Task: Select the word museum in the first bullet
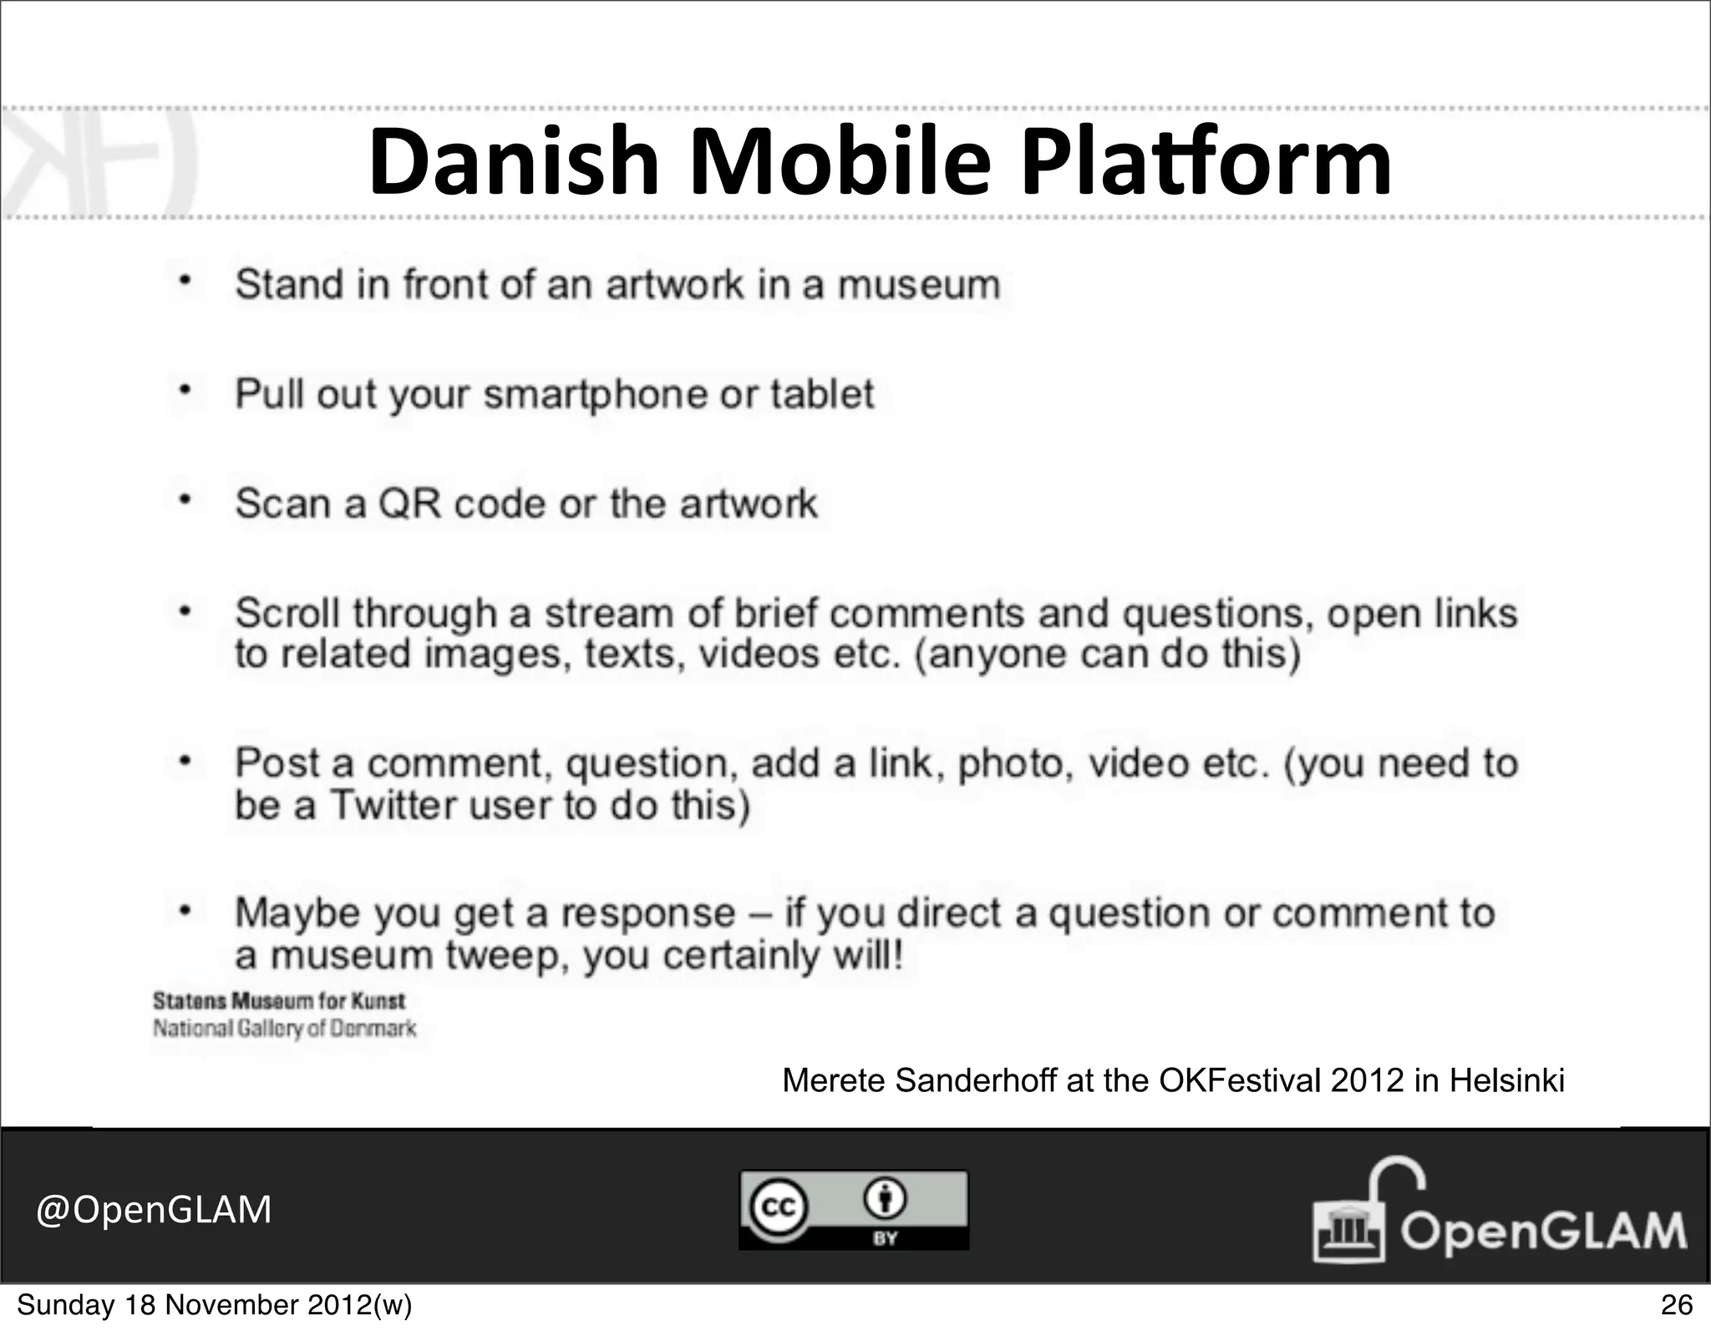pyautogui.click(x=918, y=285)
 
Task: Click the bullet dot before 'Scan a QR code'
pyautogui.click(x=186, y=501)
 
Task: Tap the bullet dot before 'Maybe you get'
pyautogui.click(x=186, y=910)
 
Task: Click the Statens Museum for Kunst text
pyautogui.click(x=278, y=1001)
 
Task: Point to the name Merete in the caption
pyautogui.click(x=833, y=1081)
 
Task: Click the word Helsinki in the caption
pyautogui.click(x=1506, y=1081)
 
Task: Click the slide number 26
pyautogui.click(x=1676, y=1304)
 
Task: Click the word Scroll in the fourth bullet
pyautogui.click(x=287, y=614)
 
